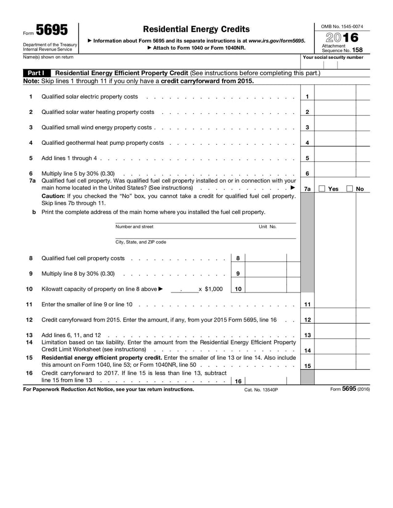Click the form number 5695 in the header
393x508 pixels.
tap(52, 30)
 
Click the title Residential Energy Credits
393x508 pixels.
tap(196, 29)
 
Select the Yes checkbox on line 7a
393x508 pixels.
tap(322, 189)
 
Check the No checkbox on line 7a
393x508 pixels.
tap(350, 189)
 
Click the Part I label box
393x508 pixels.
tap(36, 73)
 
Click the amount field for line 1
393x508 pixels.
tap(335, 97)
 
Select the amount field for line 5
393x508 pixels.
tap(335, 158)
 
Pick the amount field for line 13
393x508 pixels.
tap(335, 335)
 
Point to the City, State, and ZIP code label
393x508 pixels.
tap(140, 242)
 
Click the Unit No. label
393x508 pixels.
tap(268, 227)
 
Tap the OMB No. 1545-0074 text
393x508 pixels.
tap(342, 26)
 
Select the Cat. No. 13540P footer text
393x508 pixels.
tap(261, 390)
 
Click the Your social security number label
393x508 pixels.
tap(333, 57)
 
